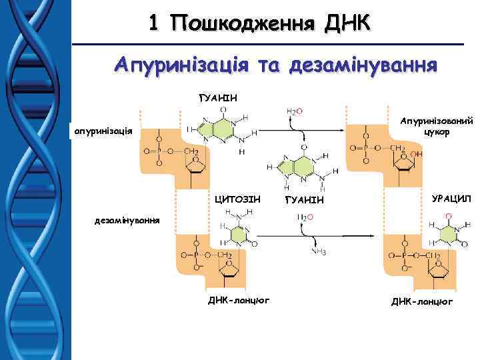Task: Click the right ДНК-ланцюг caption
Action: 421,301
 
